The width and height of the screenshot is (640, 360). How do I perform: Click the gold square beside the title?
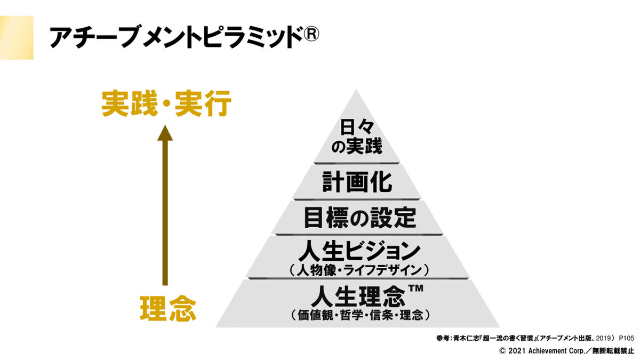coord(16,37)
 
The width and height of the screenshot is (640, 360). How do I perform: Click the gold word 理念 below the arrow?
coord(167,308)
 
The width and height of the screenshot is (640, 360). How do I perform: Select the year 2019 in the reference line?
coord(599,338)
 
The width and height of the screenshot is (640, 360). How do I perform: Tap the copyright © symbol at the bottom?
coord(502,351)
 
